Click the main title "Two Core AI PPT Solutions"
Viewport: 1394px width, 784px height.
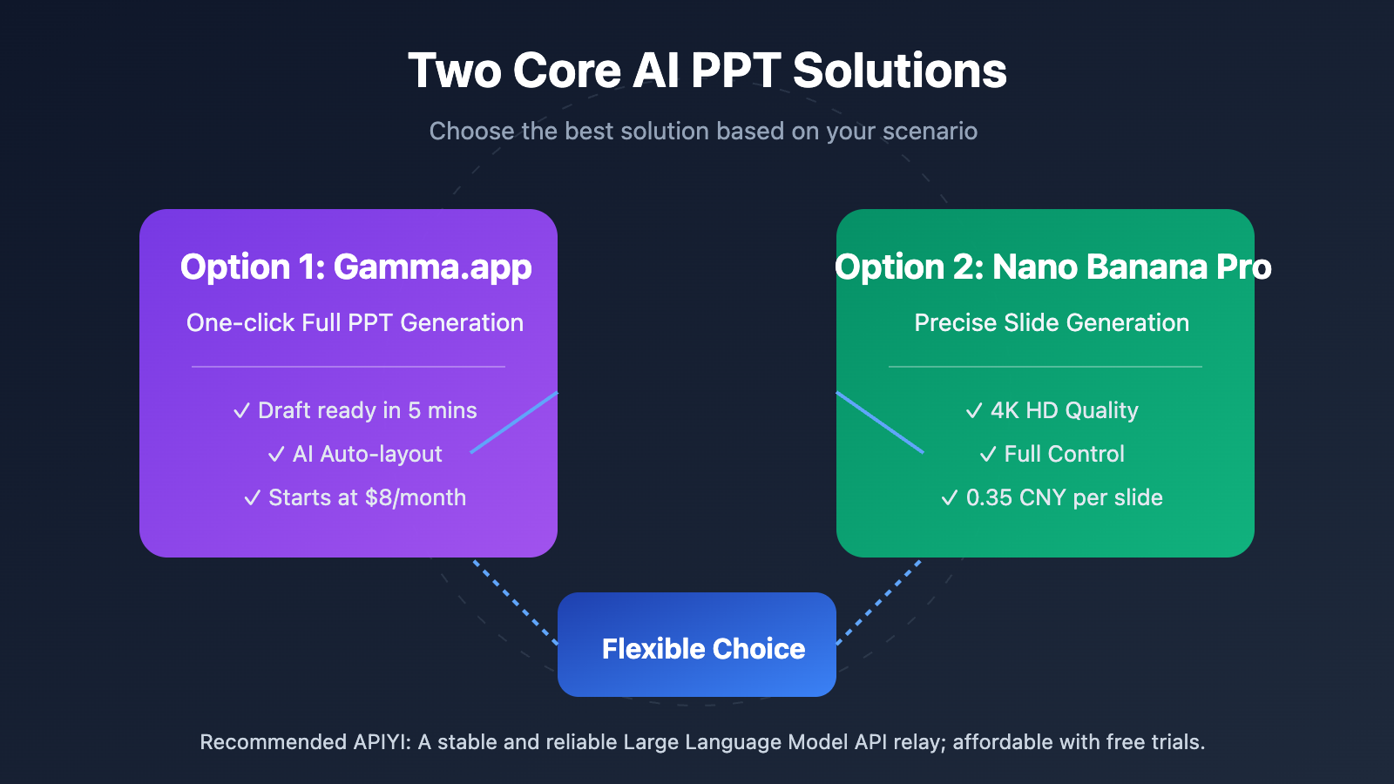point(707,71)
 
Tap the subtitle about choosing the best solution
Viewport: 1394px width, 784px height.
point(703,132)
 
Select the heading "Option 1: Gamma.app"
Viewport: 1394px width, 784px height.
point(355,267)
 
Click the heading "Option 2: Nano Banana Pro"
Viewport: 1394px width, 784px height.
point(1052,267)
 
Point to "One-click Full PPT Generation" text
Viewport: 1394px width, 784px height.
point(355,323)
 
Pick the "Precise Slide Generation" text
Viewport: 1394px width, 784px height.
point(1052,323)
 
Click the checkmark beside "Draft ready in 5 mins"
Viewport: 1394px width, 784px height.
point(242,411)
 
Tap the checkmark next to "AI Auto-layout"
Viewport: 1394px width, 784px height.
point(276,455)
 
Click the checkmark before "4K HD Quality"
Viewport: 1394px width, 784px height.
point(974,411)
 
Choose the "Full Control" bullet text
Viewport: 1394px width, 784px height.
point(1064,455)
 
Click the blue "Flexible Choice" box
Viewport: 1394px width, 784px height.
point(697,645)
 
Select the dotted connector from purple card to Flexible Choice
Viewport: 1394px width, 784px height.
point(515,602)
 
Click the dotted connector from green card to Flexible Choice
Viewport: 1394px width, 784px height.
point(879,602)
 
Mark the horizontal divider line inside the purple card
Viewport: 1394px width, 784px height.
point(348,367)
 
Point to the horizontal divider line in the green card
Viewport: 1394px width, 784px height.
point(1045,367)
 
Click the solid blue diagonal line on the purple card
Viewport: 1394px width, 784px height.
point(514,422)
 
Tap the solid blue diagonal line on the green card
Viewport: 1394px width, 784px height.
point(880,422)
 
